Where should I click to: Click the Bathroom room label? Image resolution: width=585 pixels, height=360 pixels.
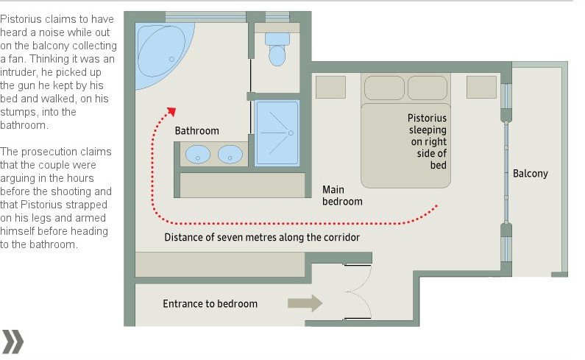point(196,131)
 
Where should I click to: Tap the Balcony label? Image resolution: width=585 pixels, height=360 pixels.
point(530,174)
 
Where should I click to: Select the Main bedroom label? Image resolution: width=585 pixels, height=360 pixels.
point(342,195)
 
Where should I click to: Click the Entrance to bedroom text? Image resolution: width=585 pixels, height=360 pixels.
point(210,303)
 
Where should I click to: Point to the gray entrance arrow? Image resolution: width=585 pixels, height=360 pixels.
point(305,303)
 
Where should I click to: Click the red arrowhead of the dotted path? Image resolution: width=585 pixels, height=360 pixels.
point(171,111)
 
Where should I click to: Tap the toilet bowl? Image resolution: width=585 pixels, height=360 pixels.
point(277,55)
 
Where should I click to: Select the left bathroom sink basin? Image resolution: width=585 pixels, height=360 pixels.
point(198,154)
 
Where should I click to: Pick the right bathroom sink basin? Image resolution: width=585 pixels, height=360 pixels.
point(230,154)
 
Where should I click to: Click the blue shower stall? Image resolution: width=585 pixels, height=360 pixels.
point(277,133)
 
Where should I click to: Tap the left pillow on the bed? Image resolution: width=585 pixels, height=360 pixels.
point(384,88)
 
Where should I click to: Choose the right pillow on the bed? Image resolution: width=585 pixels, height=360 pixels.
point(428,88)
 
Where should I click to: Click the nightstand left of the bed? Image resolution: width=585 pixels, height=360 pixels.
point(330,87)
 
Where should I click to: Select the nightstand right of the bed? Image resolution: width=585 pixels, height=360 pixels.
point(481,87)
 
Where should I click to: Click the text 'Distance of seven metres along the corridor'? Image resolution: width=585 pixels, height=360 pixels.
point(262,238)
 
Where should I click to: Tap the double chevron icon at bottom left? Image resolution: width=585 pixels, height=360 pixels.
point(13,342)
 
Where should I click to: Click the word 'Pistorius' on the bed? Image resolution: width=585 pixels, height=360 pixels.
point(427,118)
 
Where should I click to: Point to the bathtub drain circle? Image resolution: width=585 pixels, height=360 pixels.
point(171,59)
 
